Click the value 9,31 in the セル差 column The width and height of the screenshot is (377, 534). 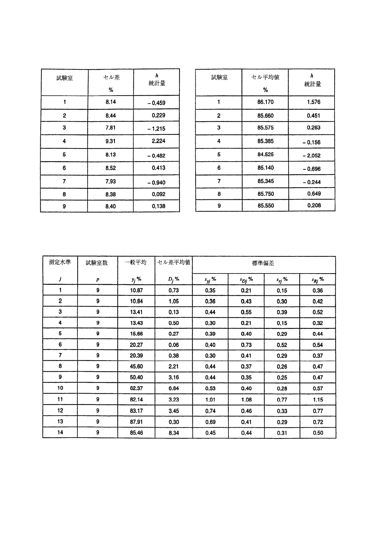coord(110,141)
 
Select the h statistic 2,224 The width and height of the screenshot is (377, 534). coord(158,141)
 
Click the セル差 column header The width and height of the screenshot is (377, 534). coord(111,77)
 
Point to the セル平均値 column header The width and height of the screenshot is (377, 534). coord(265,77)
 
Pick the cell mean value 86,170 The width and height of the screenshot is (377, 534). coord(265,102)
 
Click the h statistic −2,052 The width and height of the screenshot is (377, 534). coord(311,156)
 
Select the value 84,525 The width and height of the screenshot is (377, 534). coord(265,155)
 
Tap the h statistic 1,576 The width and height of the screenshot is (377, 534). coord(313,102)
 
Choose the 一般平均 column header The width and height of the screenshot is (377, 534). coord(136,263)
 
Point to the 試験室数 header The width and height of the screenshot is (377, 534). coord(97,263)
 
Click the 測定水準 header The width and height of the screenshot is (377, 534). coord(60,262)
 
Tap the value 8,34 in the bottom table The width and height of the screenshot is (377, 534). coord(174,433)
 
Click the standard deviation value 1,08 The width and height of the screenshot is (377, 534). coord(246,400)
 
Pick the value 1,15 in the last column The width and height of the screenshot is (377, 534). coord(317,400)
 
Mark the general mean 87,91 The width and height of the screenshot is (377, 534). coord(136,422)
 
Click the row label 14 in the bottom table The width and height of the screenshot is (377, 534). coord(60,432)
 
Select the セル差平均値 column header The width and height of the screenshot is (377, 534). coord(174,263)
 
